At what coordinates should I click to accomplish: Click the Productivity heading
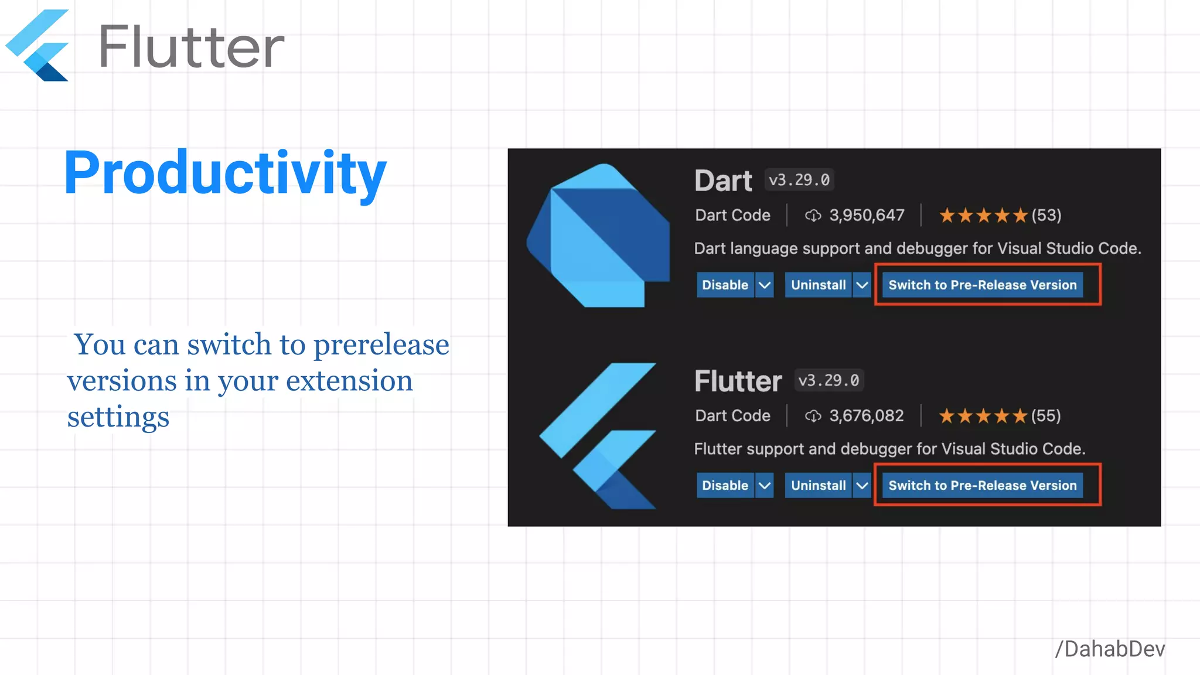tap(225, 173)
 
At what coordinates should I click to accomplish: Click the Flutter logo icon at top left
tap(39, 46)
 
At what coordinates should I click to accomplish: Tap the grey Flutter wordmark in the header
tap(191, 47)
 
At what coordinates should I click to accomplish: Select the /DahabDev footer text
tap(1110, 649)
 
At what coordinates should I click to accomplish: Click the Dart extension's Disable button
tap(725, 285)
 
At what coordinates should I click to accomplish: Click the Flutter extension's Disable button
tap(725, 486)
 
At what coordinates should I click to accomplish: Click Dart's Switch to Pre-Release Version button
tap(982, 285)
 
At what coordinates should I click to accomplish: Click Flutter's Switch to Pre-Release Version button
tap(982, 486)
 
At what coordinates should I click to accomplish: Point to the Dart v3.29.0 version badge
tap(799, 180)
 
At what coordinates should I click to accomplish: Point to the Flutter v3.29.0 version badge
tap(829, 380)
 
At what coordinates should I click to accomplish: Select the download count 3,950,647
tap(867, 216)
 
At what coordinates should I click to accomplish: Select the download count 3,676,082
tap(866, 416)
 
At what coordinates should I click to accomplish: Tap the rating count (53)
tap(1046, 216)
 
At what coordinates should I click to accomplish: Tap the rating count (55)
tap(1046, 416)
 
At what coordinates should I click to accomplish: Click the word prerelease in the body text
tap(381, 345)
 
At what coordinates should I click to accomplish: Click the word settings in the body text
tap(118, 417)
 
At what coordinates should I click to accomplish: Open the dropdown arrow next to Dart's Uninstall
tap(862, 285)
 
